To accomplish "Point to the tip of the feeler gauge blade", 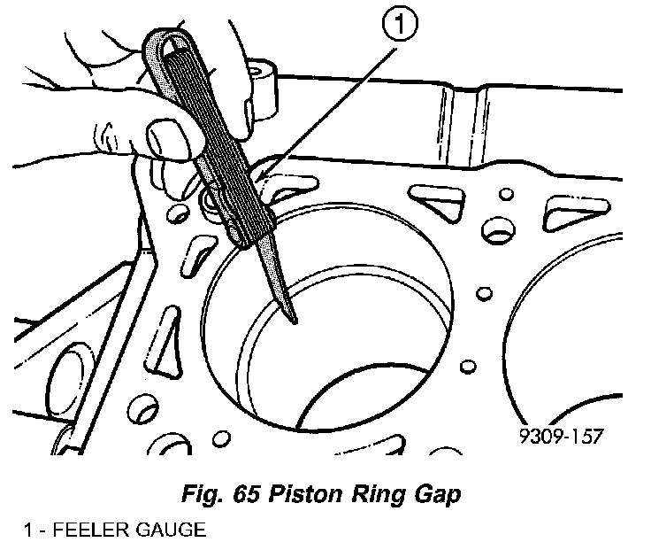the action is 295,318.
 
